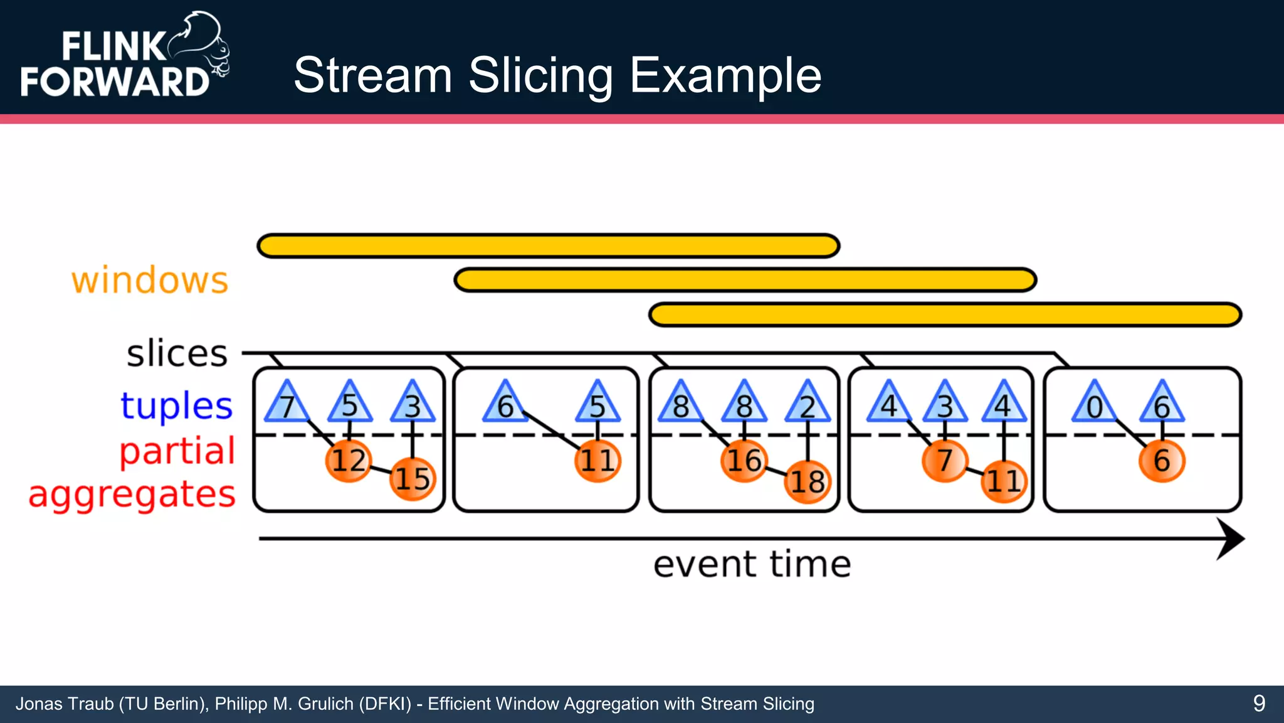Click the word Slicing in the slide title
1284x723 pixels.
tap(540, 75)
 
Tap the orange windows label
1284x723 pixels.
tap(150, 280)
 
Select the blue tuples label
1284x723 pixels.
tap(177, 405)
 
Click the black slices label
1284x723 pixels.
tap(177, 353)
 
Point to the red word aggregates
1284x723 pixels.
tap(132, 495)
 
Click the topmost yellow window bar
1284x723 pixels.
tap(549, 246)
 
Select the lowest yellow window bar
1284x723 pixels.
tap(945, 314)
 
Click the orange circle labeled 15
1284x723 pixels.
tap(412, 479)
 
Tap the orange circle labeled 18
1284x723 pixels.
tap(808, 482)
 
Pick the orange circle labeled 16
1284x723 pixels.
tap(744, 461)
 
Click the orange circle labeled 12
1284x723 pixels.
tap(349, 461)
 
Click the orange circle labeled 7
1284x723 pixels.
tap(944, 461)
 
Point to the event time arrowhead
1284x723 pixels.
tap(1230, 538)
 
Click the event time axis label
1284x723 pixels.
tap(752, 564)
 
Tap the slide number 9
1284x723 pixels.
tap(1259, 704)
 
